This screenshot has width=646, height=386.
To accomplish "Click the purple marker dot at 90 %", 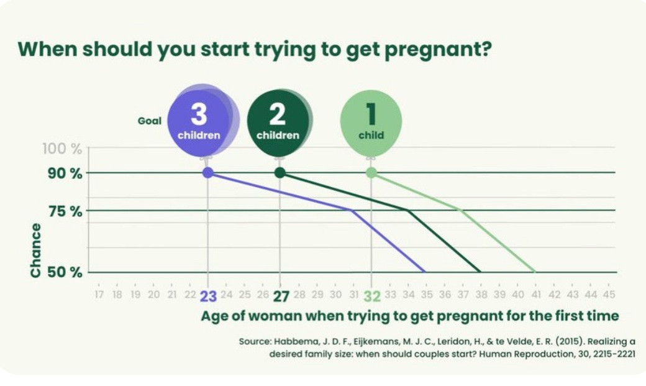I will coord(208,173).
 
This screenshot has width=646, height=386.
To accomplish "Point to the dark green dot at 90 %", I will coord(280,173).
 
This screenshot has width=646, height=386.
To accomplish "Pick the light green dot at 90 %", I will coord(371,173).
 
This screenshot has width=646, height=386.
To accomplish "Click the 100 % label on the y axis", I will coord(62,149).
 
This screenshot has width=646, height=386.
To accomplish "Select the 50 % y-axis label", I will coord(65,272).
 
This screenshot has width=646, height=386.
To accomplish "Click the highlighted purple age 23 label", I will coord(208,296).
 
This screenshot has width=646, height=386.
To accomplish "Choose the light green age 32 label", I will coord(371,296).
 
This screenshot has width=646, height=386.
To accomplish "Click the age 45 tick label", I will coord(609,294).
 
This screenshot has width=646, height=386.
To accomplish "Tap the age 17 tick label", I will coord(99,294).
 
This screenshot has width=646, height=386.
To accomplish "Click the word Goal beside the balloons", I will coord(149,121).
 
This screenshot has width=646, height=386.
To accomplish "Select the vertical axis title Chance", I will coord(35,250).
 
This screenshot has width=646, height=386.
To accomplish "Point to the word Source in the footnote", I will coord(255,341).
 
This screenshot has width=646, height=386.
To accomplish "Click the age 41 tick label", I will coord(535,294).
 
